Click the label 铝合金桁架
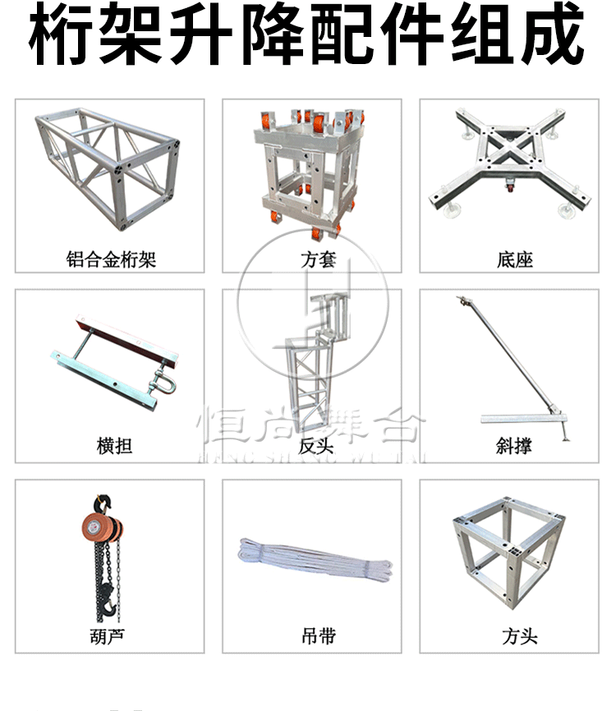click(x=111, y=260)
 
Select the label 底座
click(x=515, y=260)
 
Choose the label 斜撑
click(x=514, y=447)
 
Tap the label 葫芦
click(x=109, y=635)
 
